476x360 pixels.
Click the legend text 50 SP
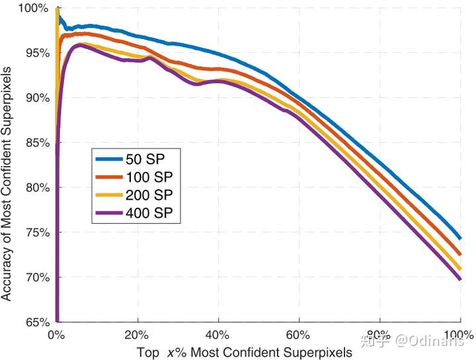145,159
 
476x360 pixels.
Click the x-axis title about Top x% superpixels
245,353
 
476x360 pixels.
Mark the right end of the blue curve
460,238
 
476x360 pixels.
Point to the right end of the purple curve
460,279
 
